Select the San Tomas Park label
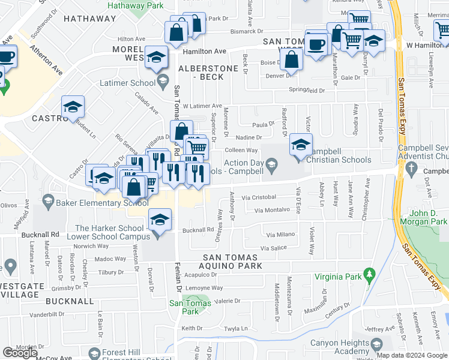point(184,307)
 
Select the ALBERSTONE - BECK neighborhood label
point(208,73)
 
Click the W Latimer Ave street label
point(202,105)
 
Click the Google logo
point(20,353)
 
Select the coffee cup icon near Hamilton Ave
point(316,43)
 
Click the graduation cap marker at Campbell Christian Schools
point(301,144)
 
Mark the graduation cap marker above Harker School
point(160,219)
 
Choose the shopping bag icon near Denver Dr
point(291,60)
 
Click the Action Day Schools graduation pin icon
point(272,163)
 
